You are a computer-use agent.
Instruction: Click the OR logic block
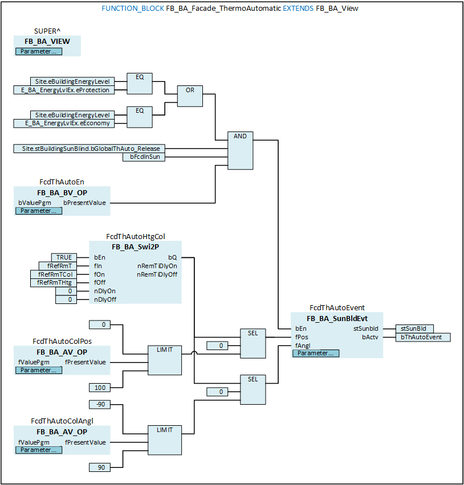click(x=190, y=96)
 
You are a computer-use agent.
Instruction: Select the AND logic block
click(x=241, y=151)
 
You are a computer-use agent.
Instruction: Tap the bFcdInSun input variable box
click(x=144, y=157)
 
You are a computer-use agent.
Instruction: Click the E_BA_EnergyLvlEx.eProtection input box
click(x=64, y=90)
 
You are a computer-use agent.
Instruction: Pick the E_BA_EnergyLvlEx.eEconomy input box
click(x=64, y=124)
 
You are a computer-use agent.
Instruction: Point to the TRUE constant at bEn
click(x=64, y=257)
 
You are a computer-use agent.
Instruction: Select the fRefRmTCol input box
click(x=53, y=274)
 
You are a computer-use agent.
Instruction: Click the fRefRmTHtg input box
click(x=53, y=283)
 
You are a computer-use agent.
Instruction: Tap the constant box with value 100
click(x=100, y=388)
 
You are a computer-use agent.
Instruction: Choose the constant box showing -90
click(x=100, y=404)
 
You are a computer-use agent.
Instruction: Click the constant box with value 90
click(x=100, y=467)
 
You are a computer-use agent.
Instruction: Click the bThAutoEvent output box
click(x=423, y=337)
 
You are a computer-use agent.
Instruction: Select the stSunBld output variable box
click(x=414, y=328)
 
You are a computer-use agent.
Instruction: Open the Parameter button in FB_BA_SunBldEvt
click(x=316, y=354)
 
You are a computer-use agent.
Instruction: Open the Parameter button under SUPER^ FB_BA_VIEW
click(x=39, y=51)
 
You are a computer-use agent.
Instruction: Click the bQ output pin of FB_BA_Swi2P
click(x=173, y=257)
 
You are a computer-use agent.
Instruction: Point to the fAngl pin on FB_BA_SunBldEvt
click(x=303, y=346)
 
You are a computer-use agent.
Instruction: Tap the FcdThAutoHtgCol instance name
click(x=135, y=237)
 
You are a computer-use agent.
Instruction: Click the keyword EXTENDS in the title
click(x=298, y=9)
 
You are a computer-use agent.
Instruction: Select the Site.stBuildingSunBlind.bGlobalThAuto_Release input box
click(x=89, y=149)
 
